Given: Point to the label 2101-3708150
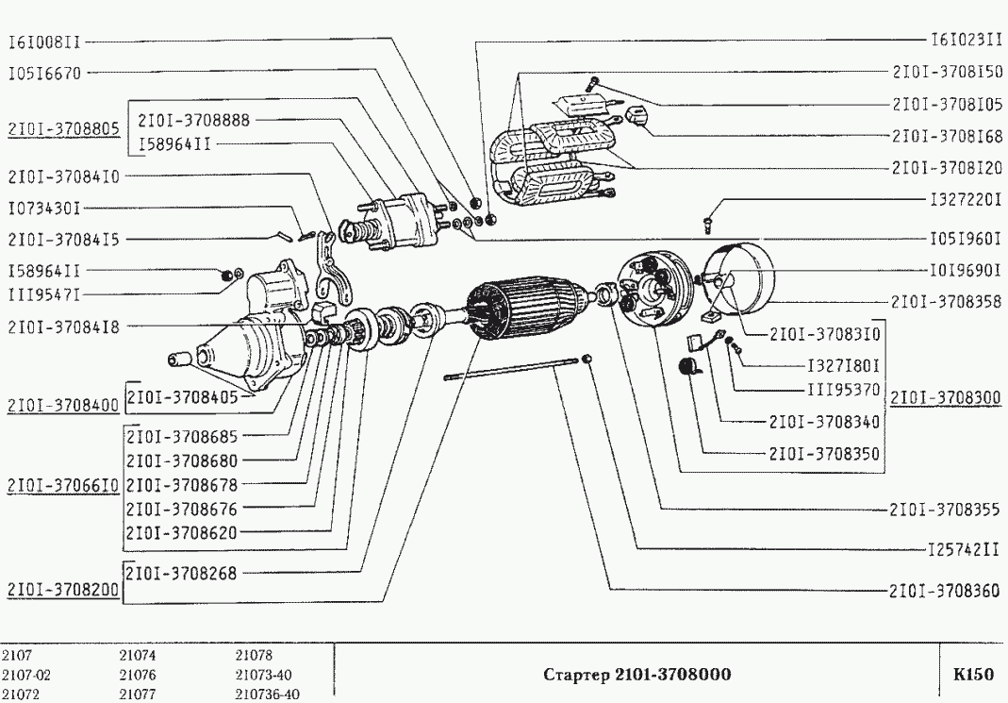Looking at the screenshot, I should (x=946, y=72).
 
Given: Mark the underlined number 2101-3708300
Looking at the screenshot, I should (x=946, y=398).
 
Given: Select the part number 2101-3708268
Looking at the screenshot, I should (x=182, y=572).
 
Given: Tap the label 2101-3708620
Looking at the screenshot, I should (x=182, y=531).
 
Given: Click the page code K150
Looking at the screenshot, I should (x=974, y=675).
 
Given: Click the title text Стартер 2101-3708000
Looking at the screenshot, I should (x=637, y=675).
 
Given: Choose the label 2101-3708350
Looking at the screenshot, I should (x=824, y=453).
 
